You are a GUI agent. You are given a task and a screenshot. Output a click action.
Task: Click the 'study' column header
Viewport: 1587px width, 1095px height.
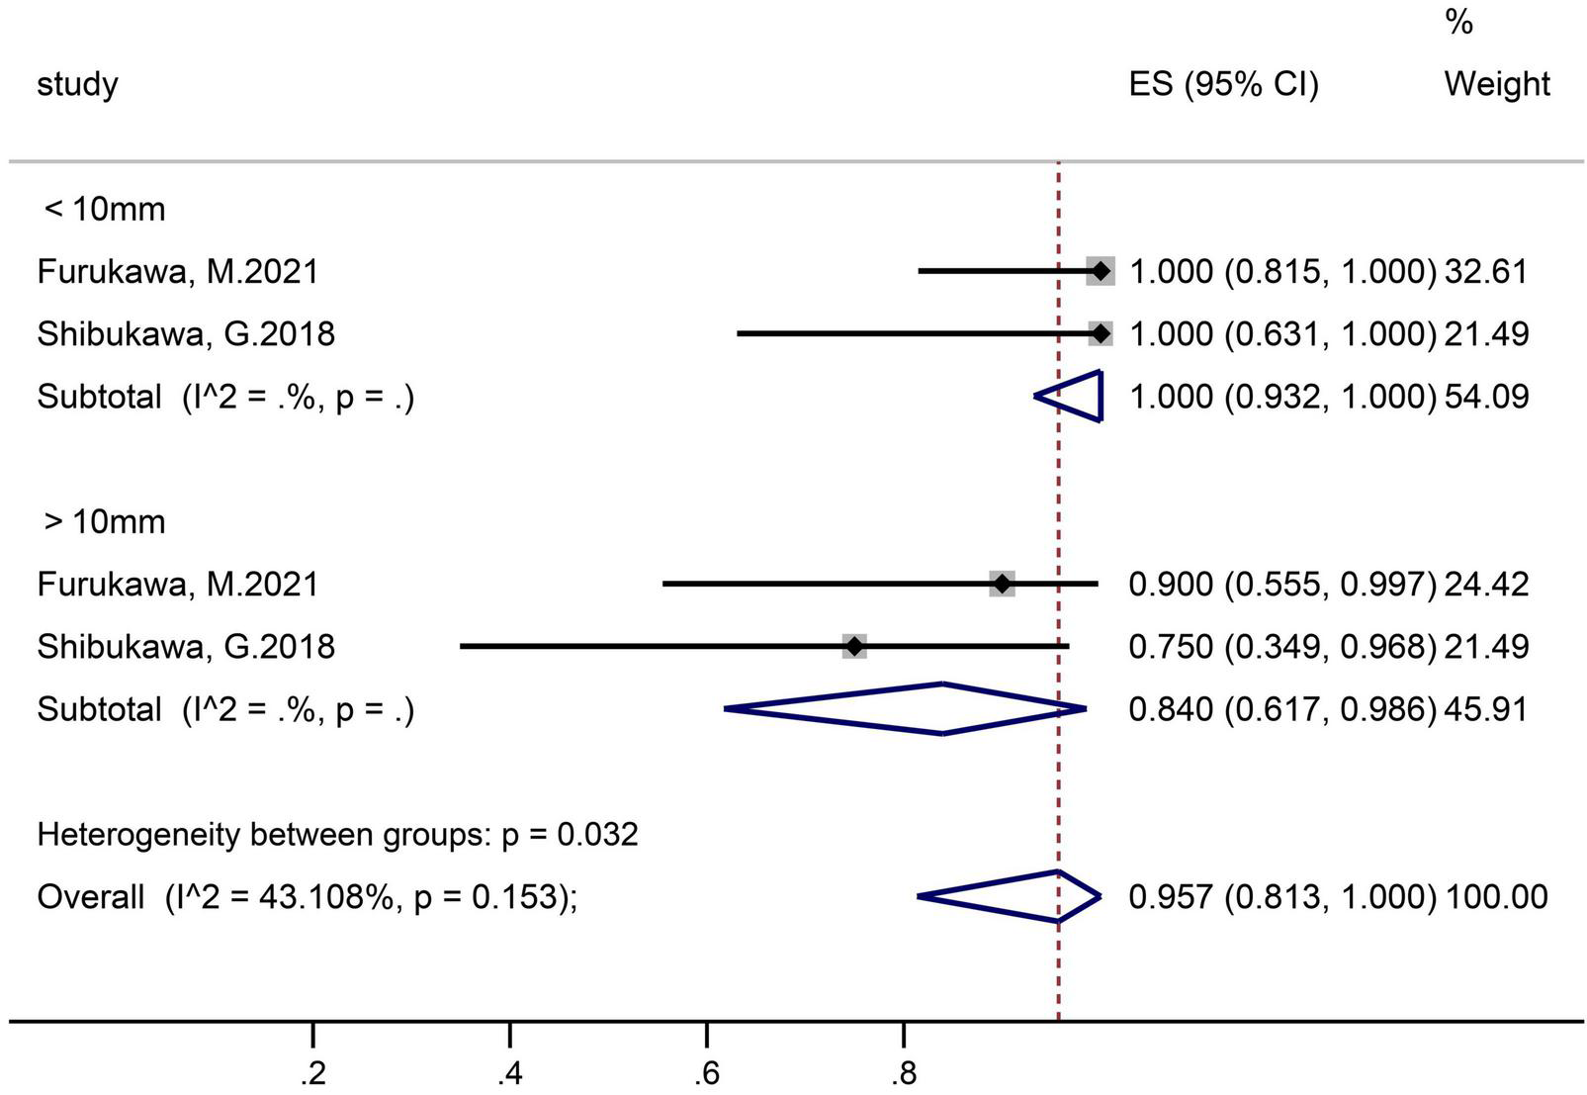click(77, 84)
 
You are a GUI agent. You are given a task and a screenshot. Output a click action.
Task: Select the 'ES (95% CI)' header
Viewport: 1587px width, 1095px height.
click(1223, 84)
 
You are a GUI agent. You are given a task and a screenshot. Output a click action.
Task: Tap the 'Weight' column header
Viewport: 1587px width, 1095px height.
click(1496, 84)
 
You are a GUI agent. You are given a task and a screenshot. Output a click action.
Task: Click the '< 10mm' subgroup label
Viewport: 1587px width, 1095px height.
click(104, 210)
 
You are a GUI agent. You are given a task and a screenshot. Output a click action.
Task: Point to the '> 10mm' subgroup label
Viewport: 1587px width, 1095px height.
click(104, 521)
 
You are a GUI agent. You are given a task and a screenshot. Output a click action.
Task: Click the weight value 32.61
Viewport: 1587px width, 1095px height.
click(1486, 271)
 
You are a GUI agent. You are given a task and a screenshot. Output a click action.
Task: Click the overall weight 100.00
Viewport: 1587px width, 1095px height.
click(1496, 897)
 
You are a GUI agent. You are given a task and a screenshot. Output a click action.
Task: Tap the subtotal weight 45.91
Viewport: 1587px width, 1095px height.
click(1486, 709)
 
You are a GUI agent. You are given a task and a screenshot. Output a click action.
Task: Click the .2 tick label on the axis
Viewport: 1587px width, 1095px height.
click(312, 1074)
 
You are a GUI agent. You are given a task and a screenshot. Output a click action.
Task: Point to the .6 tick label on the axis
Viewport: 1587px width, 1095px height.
click(706, 1074)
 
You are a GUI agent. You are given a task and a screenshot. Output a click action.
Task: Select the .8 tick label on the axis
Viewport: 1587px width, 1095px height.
click(903, 1074)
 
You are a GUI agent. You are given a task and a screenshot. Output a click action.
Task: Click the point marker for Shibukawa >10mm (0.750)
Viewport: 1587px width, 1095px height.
click(854, 647)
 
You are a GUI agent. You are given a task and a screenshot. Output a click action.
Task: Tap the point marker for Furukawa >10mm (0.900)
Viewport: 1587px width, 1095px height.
click(1002, 584)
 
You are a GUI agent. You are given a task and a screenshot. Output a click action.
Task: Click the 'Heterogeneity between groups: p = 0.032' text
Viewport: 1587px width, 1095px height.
click(337, 835)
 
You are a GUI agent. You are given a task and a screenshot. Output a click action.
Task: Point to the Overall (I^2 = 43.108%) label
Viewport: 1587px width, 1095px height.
click(307, 897)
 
